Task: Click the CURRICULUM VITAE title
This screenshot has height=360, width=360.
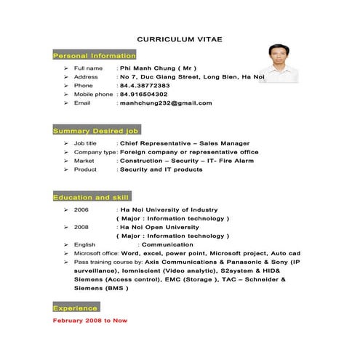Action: click(x=180, y=39)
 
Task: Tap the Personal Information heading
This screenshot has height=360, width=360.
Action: click(x=95, y=56)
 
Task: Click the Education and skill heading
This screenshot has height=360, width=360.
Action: click(x=91, y=197)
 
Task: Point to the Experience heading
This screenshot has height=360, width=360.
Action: click(x=76, y=309)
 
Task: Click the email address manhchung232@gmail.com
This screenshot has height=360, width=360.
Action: click(x=166, y=103)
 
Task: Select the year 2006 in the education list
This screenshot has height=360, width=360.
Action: click(x=81, y=209)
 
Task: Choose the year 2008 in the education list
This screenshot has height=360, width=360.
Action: click(x=81, y=227)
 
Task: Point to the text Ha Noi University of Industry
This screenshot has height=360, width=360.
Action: click(x=169, y=209)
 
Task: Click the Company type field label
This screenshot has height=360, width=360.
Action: click(x=95, y=152)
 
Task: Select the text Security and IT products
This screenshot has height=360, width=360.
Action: click(x=161, y=169)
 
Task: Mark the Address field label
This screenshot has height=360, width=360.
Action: click(x=86, y=76)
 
